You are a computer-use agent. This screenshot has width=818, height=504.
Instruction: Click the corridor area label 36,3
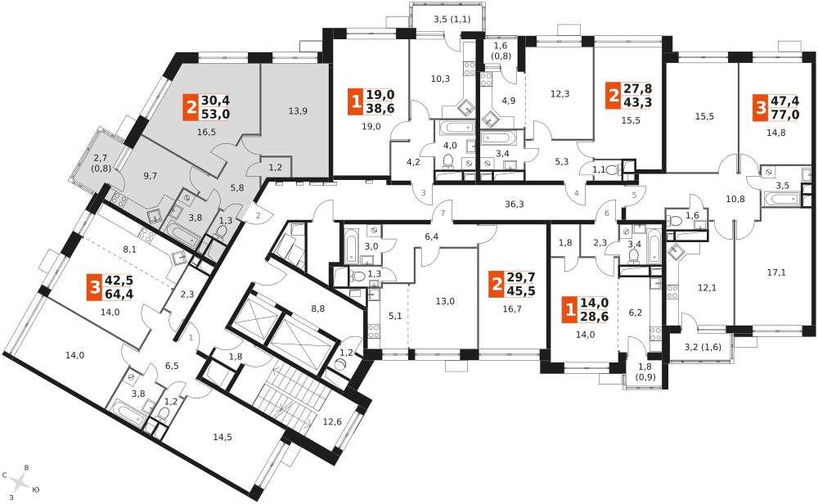(x=515, y=204)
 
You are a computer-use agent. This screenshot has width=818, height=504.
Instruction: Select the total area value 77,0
(x=784, y=115)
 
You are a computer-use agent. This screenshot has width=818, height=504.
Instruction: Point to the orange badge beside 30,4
(x=190, y=107)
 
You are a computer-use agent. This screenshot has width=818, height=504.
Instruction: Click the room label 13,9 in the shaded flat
(x=298, y=110)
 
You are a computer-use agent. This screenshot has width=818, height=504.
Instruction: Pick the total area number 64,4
(x=119, y=294)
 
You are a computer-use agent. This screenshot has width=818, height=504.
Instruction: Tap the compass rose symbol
(x=20, y=482)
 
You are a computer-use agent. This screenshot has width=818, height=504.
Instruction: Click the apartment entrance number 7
(x=443, y=213)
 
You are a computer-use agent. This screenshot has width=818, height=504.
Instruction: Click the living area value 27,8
(x=638, y=88)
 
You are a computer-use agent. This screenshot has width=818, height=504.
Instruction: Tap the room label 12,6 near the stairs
(x=332, y=421)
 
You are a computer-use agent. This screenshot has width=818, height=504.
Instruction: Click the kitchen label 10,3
(x=440, y=79)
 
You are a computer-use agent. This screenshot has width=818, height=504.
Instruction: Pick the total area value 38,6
(x=380, y=108)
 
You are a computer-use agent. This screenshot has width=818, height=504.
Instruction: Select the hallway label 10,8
(x=735, y=199)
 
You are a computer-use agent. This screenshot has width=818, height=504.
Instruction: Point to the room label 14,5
(x=222, y=437)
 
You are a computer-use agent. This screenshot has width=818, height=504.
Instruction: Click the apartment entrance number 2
(x=258, y=215)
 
